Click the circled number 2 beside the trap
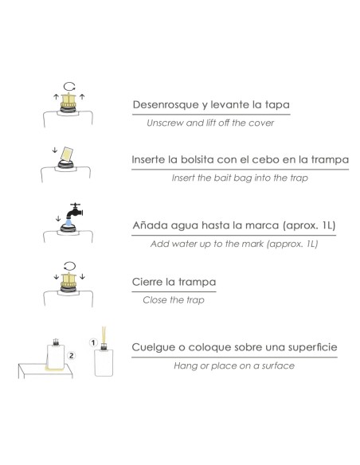72,356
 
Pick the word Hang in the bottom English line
184,365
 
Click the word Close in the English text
154,300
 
